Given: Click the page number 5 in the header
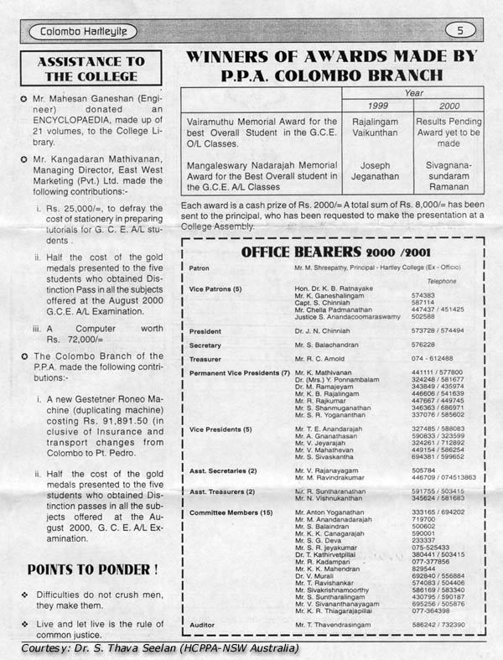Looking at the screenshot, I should [460, 31].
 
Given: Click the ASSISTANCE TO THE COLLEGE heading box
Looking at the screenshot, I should [91, 69].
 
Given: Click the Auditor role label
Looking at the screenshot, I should [204, 625].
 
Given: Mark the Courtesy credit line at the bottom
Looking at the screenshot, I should [159, 649].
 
